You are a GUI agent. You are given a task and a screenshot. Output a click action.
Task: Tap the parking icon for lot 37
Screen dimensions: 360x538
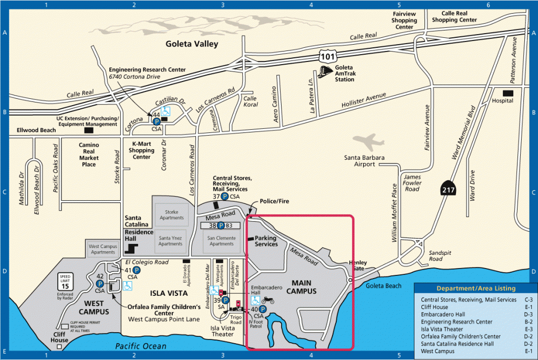224,197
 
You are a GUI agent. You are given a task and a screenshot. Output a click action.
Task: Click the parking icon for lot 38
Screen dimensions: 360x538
221,225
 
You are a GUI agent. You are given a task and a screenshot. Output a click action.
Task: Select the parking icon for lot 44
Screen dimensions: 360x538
156,121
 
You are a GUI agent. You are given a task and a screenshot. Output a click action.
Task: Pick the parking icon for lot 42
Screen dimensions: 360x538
99,283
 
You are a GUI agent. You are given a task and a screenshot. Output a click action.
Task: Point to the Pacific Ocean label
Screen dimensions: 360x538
141,346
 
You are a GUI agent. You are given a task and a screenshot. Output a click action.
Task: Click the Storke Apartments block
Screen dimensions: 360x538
172,214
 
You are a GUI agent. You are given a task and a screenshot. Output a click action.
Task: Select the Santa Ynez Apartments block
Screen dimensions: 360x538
170,240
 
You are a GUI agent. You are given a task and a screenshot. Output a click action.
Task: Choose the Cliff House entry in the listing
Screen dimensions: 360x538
434,307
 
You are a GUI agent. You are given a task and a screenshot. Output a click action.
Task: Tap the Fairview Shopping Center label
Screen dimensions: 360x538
404,20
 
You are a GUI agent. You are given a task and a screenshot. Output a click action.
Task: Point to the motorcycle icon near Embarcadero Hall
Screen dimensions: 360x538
268,300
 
